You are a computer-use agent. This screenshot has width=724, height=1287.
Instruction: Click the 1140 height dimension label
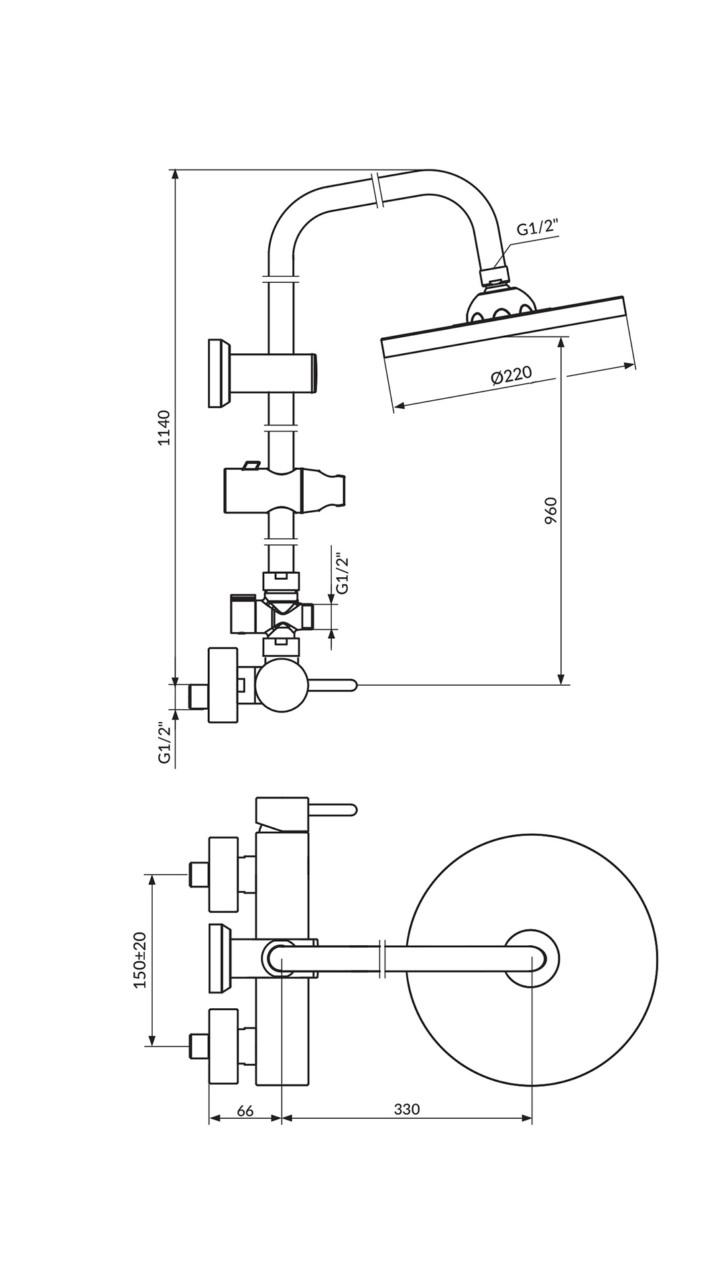[x=165, y=428]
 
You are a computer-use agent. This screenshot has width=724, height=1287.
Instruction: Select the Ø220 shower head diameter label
[x=511, y=375]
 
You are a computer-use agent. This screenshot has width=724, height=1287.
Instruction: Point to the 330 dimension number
[x=407, y=1109]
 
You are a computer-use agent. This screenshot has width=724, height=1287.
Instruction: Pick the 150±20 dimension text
[x=140, y=960]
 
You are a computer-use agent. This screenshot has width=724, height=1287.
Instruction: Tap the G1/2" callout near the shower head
[x=537, y=228]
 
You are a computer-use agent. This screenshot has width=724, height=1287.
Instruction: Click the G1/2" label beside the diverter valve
[x=342, y=573]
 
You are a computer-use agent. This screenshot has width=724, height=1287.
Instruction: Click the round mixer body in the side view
[x=282, y=684]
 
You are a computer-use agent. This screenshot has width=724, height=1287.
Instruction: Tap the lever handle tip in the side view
[x=350, y=684]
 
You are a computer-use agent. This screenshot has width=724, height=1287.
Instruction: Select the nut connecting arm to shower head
[x=495, y=275]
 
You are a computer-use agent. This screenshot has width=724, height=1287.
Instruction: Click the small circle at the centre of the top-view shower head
[x=532, y=959]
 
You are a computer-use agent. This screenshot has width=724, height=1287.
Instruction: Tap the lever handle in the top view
[x=333, y=810]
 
